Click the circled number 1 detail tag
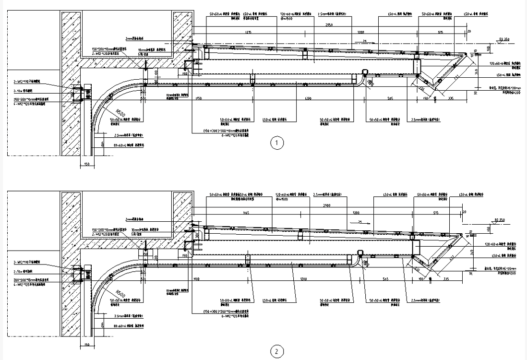click(276, 143)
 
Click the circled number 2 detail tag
click(276, 352)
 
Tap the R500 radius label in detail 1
click(121, 114)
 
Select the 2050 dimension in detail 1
click(329, 24)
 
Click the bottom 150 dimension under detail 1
click(86, 164)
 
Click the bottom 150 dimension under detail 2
click(86, 345)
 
